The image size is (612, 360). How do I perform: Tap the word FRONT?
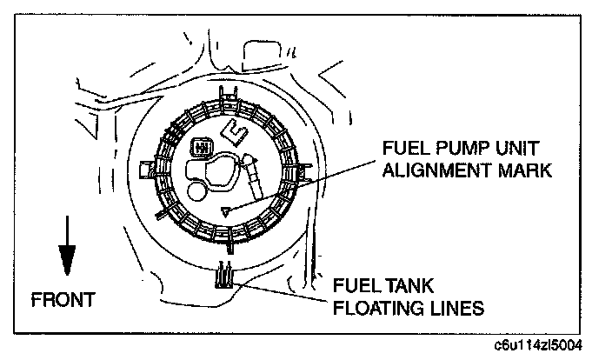click(x=63, y=300)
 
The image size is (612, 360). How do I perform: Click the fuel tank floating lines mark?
click(x=223, y=274)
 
